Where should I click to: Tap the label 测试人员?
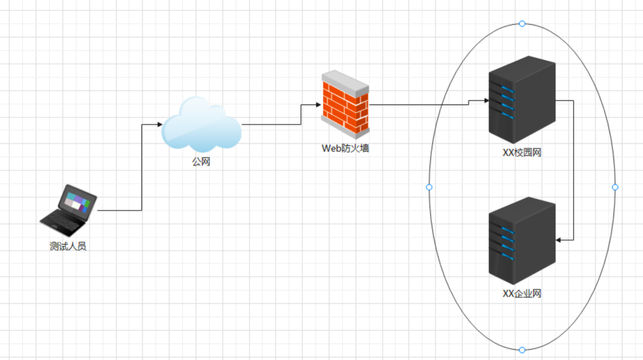point(68,247)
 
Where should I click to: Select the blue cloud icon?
point(201,125)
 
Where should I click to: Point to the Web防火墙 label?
point(345,148)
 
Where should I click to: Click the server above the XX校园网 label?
point(521,99)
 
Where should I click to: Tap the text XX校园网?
point(521,153)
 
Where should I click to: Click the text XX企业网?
point(521,293)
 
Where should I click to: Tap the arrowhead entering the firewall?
point(318,104)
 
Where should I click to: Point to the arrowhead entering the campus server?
point(486,101)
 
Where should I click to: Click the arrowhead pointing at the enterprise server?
point(559,240)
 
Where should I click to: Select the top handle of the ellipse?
point(521,24)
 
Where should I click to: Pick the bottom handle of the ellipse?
point(521,350)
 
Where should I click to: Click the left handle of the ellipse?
point(429,188)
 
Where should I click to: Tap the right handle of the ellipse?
point(615,188)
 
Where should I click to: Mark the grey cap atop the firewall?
point(346,80)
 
